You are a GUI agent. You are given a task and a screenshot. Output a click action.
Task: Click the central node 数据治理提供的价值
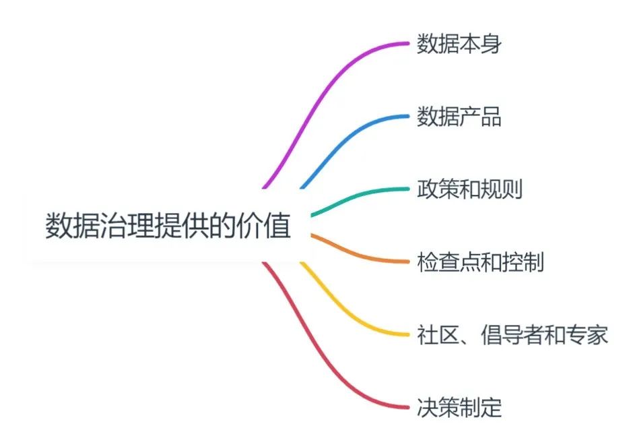(x=168, y=226)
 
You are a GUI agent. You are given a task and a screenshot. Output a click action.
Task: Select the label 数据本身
(x=459, y=44)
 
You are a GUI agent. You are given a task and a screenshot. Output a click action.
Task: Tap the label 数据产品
(x=459, y=117)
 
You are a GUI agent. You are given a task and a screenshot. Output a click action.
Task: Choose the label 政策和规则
(x=469, y=189)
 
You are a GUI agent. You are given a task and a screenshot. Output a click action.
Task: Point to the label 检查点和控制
(x=480, y=262)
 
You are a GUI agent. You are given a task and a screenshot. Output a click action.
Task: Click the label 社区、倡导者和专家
(x=512, y=334)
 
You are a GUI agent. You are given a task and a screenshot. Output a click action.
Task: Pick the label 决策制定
(x=459, y=407)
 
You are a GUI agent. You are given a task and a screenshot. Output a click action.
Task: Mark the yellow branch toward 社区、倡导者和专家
(x=350, y=310)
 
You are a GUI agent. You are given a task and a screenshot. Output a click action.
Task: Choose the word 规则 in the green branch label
(x=502, y=189)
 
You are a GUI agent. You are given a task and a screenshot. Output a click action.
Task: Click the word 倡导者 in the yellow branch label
(x=512, y=334)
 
